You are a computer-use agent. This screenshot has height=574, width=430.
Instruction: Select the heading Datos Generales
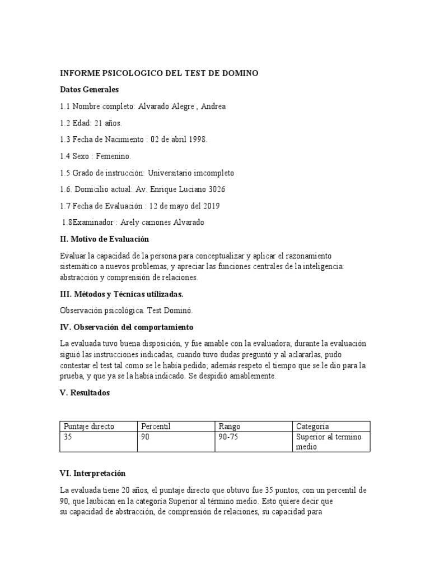point(89,90)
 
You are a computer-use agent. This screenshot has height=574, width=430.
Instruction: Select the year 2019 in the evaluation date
point(209,206)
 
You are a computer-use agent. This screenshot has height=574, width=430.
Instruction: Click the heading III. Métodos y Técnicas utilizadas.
point(121,294)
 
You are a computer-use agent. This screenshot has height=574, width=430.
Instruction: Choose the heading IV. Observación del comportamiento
point(126,327)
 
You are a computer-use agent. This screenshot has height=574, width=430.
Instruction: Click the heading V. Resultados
point(85,393)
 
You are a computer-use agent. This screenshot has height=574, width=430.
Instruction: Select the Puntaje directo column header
point(89,427)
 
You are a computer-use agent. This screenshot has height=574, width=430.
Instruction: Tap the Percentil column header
point(156,427)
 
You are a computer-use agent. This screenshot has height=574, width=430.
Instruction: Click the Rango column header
point(230,427)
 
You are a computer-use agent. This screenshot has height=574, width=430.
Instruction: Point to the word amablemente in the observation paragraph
point(250,376)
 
